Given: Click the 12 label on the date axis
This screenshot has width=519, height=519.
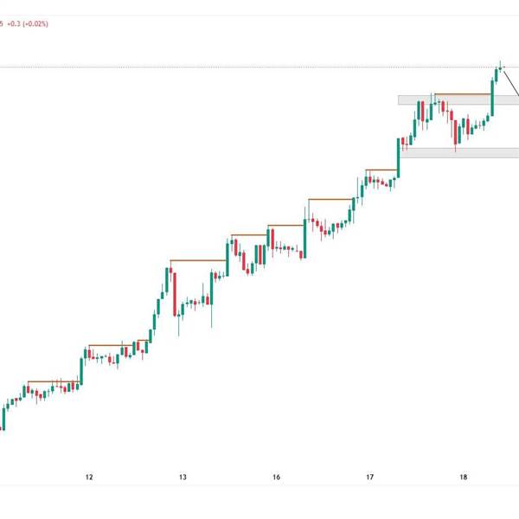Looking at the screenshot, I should (x=89, y=477).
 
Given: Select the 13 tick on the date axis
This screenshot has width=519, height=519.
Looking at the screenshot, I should (x=183, y=477).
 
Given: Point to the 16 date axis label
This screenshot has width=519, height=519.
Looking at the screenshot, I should (x=276, y=477).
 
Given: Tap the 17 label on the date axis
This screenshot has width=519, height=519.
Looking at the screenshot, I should (x=369, y=477).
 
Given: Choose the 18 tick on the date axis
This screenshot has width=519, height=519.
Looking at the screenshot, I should (x=464, y=477).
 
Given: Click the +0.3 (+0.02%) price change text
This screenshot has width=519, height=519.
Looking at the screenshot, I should (x=28, y=24).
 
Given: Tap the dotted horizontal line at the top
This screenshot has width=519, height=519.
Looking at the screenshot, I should (x=259, y=67).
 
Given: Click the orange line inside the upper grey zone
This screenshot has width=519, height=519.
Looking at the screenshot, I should (x=462, y=93).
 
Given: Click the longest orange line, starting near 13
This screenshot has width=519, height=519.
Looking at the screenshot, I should (x=198, y=260).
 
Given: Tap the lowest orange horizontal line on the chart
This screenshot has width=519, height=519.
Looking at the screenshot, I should (x=54, y=381).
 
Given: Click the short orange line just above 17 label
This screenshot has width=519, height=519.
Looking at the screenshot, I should (x=381, y=170).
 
